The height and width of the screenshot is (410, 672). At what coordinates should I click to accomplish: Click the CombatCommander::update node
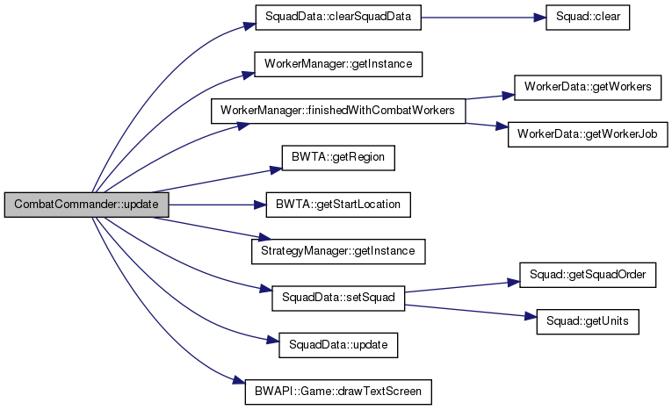click(85, 204)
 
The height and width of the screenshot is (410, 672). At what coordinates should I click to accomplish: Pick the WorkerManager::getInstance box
click(338, 64)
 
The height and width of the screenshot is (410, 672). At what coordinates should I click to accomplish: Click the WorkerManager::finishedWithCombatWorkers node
click(337, 111)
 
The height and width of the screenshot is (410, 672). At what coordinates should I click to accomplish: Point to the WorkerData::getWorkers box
click(587, 88)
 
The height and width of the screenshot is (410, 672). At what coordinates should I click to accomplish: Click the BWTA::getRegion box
click(338, 157)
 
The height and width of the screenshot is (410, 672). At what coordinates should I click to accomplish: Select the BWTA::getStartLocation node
click(338, 204)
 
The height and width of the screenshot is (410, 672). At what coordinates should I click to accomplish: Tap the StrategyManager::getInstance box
click(338, 250)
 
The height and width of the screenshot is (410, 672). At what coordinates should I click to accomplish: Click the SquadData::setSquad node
click(338, 297)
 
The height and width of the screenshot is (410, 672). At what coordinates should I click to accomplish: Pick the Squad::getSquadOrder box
click(588, 274)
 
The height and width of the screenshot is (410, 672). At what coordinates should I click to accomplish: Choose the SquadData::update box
click(338, 343)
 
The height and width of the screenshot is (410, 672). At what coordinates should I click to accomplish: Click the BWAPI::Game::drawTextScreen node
click(338, 390)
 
